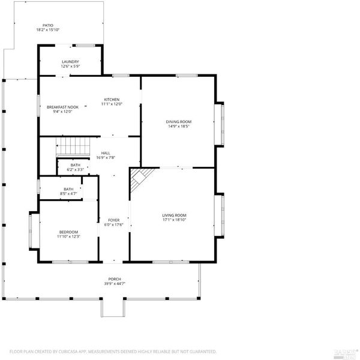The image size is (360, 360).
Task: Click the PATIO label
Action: point(48,25)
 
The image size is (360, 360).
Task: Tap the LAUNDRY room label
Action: point(70,62)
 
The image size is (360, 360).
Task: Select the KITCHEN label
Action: point(112,100)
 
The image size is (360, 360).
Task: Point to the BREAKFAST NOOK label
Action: point(62,107)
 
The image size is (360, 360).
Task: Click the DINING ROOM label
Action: point(179,122)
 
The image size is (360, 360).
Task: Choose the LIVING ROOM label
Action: point(174,215)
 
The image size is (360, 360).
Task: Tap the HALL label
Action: point(106,153)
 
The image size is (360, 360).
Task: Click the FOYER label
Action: point(114,220)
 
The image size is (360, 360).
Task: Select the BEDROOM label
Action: point(68,232)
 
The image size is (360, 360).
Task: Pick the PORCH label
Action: point(115,279)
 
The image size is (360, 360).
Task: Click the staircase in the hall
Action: point(73,146)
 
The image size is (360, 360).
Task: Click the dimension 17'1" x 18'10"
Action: point(174,220)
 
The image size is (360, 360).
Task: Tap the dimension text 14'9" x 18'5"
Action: point(179,126)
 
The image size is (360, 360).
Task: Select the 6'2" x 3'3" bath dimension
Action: point(76,169)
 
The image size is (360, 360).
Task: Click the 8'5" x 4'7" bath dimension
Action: point(68,194)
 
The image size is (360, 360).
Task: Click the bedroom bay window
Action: point(34,231)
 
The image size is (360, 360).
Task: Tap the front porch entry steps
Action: point(113,308)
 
